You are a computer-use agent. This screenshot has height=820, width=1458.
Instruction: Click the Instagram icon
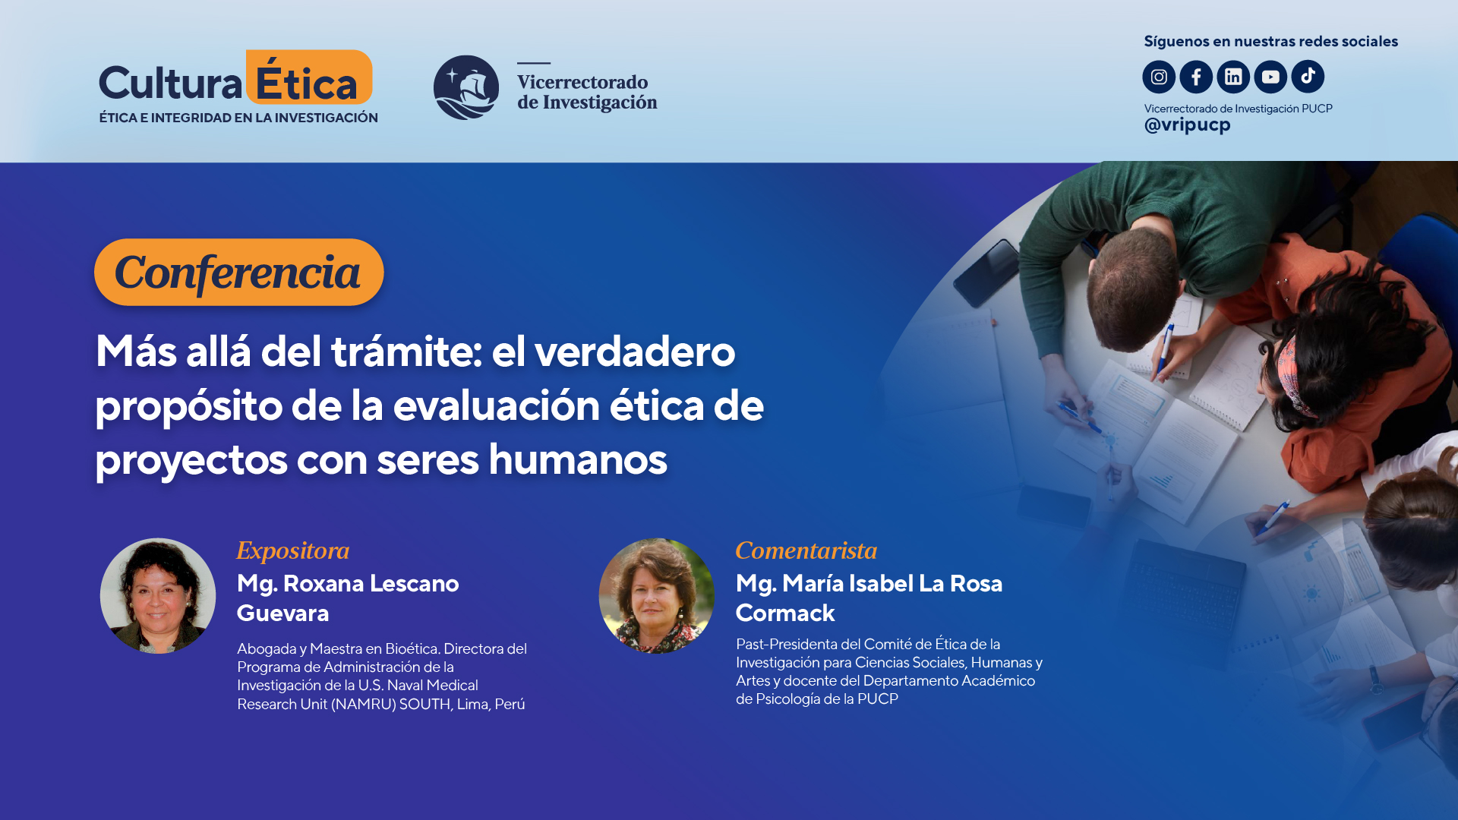(1159, 77)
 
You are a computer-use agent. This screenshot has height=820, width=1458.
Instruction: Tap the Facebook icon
(1196, 77)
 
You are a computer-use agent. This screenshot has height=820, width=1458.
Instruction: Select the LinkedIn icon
(1233, 77)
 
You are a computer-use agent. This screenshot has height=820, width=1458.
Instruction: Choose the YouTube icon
(1270, 77)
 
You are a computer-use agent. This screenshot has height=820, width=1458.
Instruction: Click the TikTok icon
(1308, 77)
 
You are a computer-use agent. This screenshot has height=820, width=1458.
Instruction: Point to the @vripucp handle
(1187, 125)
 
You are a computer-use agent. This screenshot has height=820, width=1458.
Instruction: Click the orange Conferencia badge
(238, 273)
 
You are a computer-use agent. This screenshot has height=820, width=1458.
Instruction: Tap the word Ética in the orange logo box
(307, 82)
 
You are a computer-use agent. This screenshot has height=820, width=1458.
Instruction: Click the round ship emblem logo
(466, 87)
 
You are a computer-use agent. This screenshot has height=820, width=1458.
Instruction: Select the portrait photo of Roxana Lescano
(158, 596)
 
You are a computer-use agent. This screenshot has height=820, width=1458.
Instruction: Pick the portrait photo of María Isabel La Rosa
(657, 596)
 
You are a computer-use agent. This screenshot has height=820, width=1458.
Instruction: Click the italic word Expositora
(293, 550)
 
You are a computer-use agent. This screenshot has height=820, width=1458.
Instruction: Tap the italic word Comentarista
(806, 550)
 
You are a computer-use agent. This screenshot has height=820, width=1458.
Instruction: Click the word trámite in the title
(406, 352)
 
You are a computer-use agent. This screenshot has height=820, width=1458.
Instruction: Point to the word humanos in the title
(578, 460)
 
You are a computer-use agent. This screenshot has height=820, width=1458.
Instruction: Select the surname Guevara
(282, 613)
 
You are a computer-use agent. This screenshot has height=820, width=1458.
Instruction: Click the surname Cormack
(785, 613)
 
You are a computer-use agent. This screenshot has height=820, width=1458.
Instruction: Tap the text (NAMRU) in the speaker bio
(363, 704)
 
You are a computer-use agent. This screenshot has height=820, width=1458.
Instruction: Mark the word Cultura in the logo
(170, 84)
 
